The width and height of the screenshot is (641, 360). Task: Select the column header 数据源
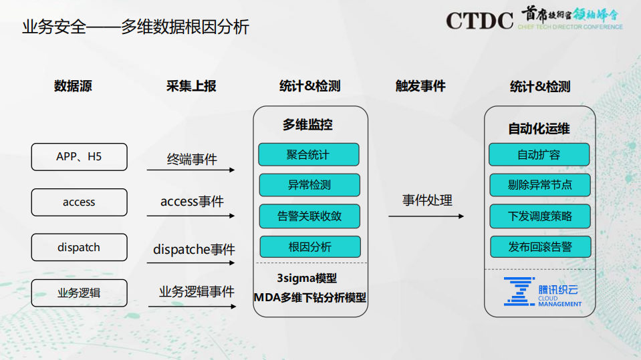tap(73, 86)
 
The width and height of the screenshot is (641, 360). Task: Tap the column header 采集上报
tap(191, 86)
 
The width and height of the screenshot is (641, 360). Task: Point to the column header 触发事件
tap(420, 86)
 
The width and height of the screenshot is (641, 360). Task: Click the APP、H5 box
tap(79, 157)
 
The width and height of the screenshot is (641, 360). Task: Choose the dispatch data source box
tap(79, 247)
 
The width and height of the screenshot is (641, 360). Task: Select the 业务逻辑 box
tap(79, 293)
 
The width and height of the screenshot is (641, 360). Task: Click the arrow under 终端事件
tap(191, 170)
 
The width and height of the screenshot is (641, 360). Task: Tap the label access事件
tap(192, 202)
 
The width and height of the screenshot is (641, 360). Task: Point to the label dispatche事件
tap(194, 250)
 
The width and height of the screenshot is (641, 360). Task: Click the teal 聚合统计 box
tap(308, 155)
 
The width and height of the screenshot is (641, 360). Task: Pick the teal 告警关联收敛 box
tap(309, 216)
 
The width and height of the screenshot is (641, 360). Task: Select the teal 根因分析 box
tap(309, 246)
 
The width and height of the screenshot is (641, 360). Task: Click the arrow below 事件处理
tap(426, 216)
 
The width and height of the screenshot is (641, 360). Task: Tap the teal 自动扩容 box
tap(539, 155)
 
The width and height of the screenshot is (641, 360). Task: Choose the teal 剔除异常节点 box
tap(539, 185)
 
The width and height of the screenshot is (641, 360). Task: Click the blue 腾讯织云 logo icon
tap(519, 291)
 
